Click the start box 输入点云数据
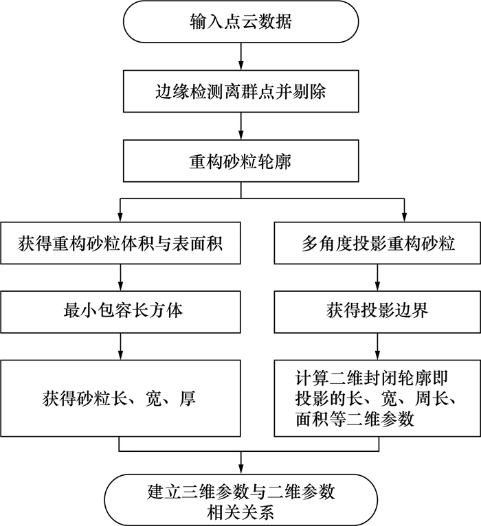(240, 23)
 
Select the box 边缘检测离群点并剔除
(240, 91)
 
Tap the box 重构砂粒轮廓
(240, 161)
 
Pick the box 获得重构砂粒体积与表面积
(120, 242)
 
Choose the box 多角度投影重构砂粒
(377, 242)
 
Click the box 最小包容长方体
(120, 310)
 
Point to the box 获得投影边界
(377, 310)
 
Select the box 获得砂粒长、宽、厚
(120, 398)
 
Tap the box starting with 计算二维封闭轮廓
(377, 398)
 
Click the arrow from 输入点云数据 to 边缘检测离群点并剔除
(240, 56)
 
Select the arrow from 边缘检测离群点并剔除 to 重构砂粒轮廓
(240, 126)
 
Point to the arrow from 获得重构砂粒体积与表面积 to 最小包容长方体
(120, 277)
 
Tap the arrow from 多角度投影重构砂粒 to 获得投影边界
(377, 277)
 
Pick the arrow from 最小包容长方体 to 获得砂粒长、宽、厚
(120, 345)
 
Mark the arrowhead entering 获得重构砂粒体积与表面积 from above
(120, 218)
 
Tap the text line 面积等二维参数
(355, 420)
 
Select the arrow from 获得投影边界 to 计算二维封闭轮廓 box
(377, 345)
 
